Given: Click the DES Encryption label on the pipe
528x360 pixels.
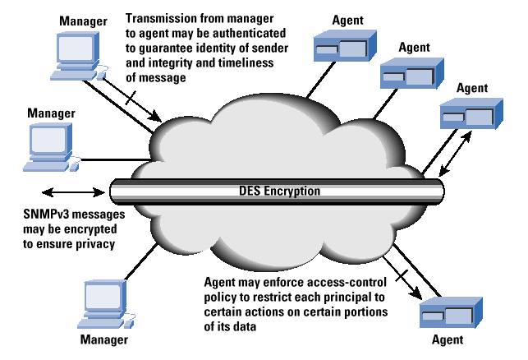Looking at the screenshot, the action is [279, 192].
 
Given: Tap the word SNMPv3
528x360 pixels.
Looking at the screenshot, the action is [46, 214].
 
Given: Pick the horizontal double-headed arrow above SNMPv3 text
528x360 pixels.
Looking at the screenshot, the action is [73, 192].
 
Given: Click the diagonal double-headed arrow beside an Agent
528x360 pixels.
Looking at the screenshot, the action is [455, 154].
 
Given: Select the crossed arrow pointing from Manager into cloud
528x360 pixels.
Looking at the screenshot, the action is [132, 99].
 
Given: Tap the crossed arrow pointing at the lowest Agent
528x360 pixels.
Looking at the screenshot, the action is [402, 278].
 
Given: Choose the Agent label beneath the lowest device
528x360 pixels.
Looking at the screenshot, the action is [448, 339].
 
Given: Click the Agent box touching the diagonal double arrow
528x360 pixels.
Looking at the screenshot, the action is [471, 113].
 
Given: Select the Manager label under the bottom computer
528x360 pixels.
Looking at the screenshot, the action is [104, 339].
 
